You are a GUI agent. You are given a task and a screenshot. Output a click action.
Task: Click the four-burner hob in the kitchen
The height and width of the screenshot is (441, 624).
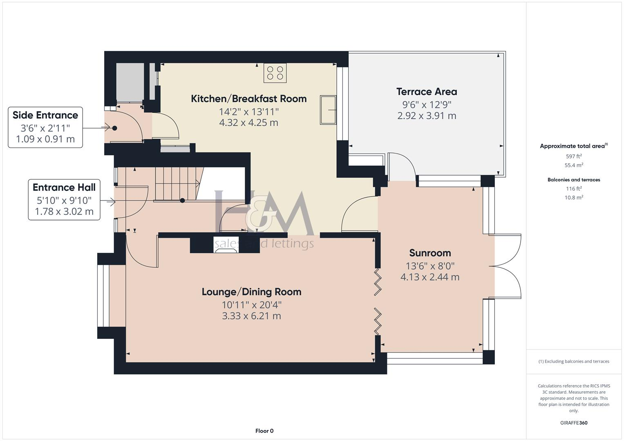click(x=275, y=73)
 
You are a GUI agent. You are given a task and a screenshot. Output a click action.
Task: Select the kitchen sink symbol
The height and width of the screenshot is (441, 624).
click(x=328, y=110)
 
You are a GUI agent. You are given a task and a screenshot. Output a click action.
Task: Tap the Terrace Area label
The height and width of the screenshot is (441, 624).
click(x=427, y=91)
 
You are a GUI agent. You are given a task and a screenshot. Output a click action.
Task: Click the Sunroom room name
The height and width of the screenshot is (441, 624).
click(x=430, y=253)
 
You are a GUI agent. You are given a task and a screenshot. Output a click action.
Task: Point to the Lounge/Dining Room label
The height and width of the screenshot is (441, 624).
click(x=251, y=292)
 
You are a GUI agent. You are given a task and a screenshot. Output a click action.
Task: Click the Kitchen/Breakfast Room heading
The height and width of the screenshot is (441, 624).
click(x=248, y=98)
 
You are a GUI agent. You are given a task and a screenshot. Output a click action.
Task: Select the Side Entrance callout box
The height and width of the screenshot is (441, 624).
click(x=45, y=127)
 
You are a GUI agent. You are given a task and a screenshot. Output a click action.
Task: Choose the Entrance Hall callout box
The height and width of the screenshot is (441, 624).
click(x=64, y=199)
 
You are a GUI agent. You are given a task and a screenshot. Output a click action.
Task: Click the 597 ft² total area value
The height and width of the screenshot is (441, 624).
click(x=574, y=156)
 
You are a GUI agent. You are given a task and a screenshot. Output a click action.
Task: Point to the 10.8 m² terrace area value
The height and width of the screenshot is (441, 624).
click(x=574, y=197)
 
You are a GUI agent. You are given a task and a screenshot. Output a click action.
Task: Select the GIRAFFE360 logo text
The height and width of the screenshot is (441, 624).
click(x=574, y=423)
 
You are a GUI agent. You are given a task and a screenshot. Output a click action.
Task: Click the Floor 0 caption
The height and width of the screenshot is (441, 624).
click(x=264, y=431)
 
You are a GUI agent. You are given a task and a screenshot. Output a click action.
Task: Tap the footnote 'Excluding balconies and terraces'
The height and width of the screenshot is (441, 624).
click(x=574, y=361)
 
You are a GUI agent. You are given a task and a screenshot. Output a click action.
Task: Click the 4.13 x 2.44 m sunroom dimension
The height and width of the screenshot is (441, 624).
click(x=430, y=277)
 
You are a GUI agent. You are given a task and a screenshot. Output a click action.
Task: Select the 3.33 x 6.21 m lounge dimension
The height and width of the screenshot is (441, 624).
click(x=251, y=316)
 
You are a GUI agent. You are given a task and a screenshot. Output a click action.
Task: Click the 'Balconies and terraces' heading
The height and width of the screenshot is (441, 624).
click(x=574, y=180)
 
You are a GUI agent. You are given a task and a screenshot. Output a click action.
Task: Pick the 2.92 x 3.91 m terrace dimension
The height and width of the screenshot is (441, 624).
click(x=427, y=116)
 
